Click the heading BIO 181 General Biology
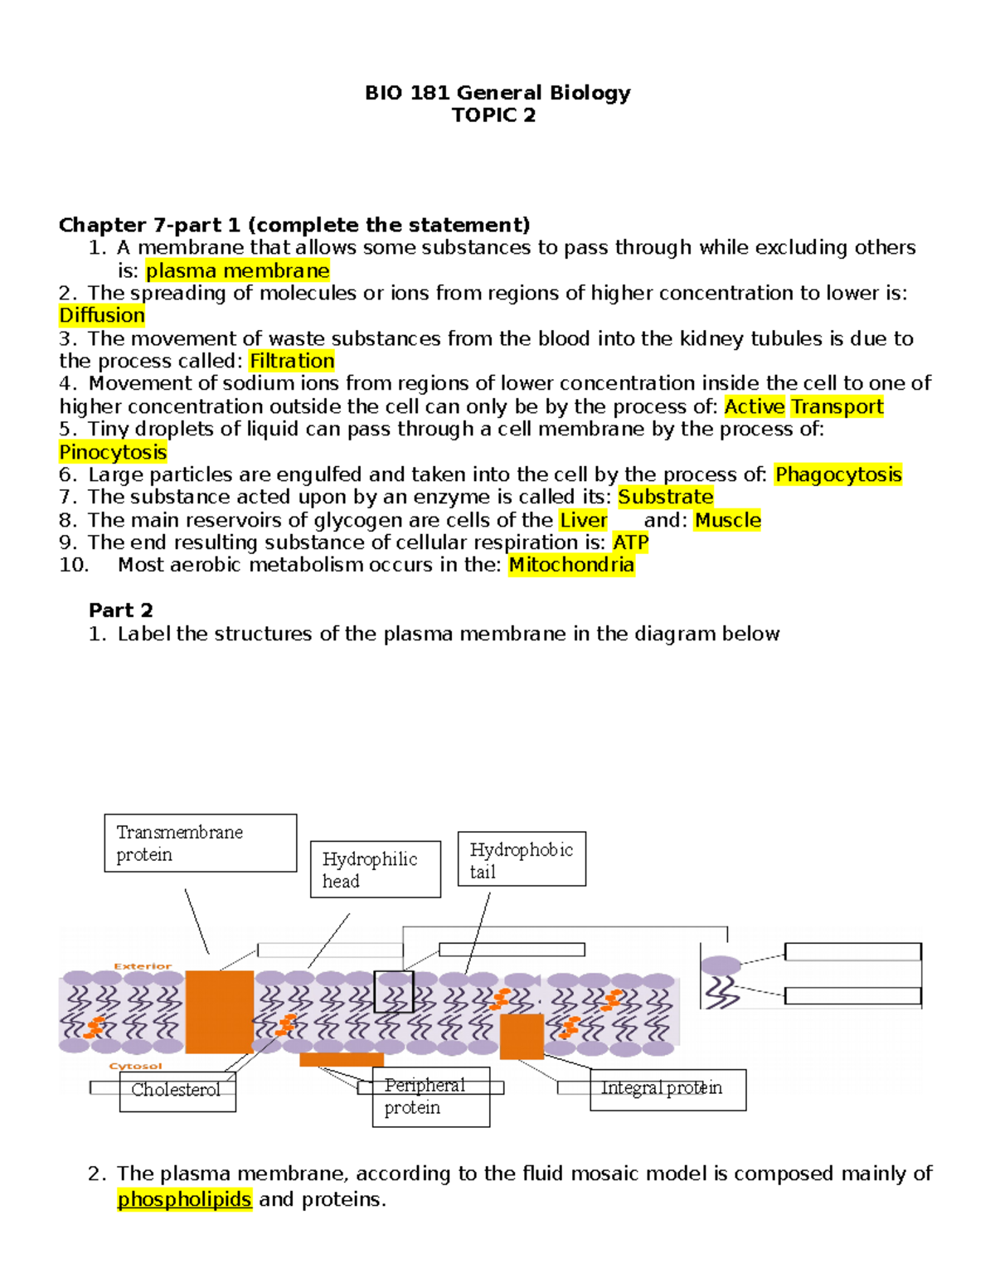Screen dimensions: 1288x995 click(x=498, y=92)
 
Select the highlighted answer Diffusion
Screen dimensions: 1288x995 click(x=102, y=315)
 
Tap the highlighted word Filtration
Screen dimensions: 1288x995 click(x=292, y=361)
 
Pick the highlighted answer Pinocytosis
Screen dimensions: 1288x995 click(x=113, y=452)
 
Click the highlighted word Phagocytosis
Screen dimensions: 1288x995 click(x=838, y=474)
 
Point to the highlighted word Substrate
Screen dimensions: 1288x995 click(x=666, y=497)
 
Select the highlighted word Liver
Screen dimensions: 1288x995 click(x=584, y=520)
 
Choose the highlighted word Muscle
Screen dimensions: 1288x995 click(x=727, y=520)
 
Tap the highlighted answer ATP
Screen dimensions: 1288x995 click(x=630, y=542)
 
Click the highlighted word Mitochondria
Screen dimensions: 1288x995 click(x=571, y=565)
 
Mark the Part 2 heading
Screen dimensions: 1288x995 click(x=121, y=610)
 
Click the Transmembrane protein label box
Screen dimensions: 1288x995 click(x=200, y=843)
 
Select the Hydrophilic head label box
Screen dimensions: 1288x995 click(x=375, y=869)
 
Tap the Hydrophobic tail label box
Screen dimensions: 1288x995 click(x=522, y=859)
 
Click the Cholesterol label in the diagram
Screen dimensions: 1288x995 click(x=177, y=1090)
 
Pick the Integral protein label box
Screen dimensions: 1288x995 click(x=667, y=1088)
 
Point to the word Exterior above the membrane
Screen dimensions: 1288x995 click(x=143, y=966)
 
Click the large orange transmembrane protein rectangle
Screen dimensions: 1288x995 click(x=219, y=1012)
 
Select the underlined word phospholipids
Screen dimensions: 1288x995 click(x=184, y=1199)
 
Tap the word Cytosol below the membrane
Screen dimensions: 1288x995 click(x=135, y=1067)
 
